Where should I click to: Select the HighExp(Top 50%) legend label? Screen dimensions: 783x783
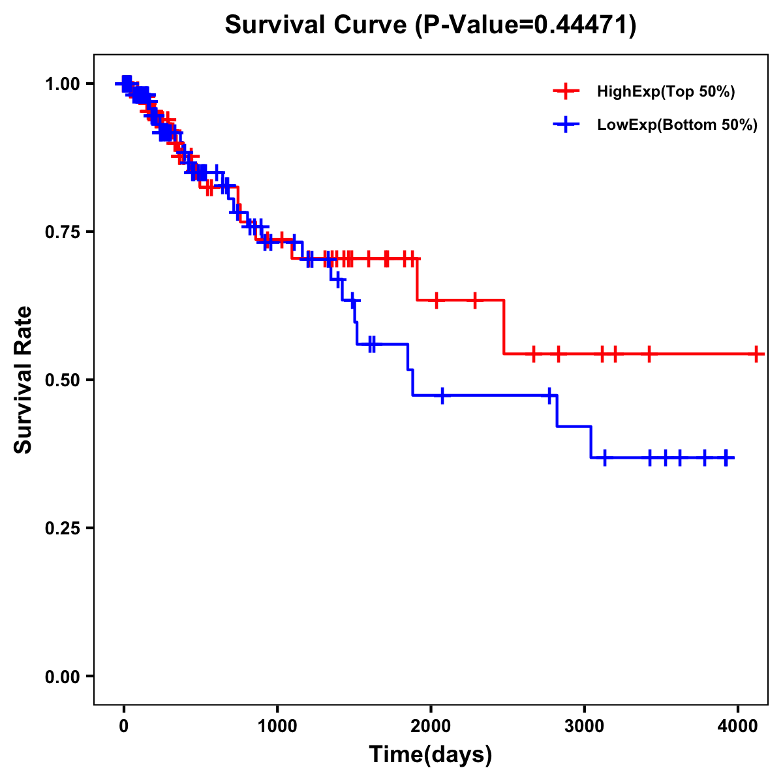click(666, 92)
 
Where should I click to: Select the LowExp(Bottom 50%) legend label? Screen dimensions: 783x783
click(677, 125)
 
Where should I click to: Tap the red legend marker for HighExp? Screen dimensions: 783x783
click(566, 92)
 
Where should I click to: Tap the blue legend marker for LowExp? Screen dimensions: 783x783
click(566, 125)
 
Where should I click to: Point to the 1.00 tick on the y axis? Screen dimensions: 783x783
click(64, 84)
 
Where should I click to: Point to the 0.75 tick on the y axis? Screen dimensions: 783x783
click(64, 232)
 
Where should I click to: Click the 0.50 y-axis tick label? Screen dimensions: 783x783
click(64, 380)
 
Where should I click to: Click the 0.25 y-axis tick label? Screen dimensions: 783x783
click(64, 528)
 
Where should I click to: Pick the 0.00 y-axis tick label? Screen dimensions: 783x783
click(64, 676)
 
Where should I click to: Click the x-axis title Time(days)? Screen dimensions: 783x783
click(431, 755)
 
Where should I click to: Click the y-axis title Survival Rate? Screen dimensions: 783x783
click(24, 379)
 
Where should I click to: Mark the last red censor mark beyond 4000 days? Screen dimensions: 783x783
click(756, 354)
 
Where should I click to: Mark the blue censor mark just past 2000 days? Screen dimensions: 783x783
click(442, 395)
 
